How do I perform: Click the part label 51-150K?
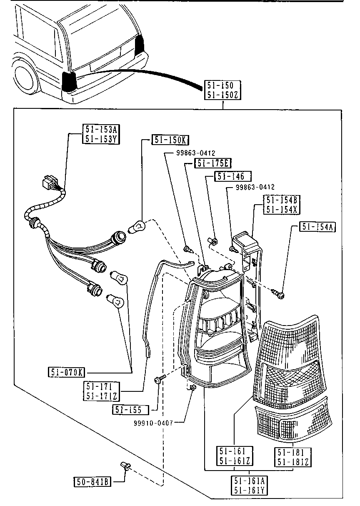[x=170, y=140]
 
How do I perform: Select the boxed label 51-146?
[x=232, y=176]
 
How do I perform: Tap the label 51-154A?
[x=317, y=227]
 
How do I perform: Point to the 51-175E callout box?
[x=213, y=163]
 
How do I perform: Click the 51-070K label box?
[x=67, y=372]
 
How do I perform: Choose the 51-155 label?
[x=130, y=410]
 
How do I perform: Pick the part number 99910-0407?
[x=153, y=423]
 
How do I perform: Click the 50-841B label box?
[x=92, y=481]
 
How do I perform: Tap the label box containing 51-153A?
[x=101, y=134]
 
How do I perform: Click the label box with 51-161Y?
[x=249, y=486]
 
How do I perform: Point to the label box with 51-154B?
[x=282, y=205]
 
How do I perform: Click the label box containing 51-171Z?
[x=101, y=391]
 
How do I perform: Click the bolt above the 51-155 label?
[x=160, y=379]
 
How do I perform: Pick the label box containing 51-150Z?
[x=222, y=90]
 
